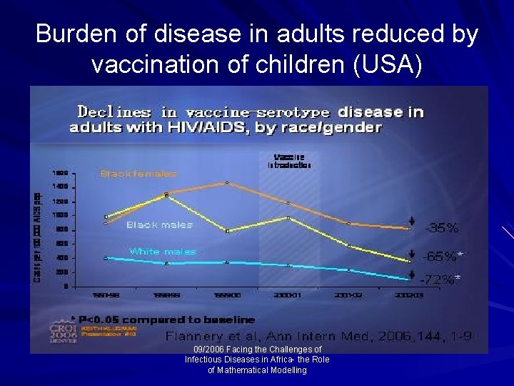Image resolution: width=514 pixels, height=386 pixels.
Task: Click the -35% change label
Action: pos(442,228)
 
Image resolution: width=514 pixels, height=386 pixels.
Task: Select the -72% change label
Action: pos(439,279)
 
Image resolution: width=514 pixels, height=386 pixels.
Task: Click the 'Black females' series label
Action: pos(138,174)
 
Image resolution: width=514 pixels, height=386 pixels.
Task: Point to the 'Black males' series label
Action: pos(159,224)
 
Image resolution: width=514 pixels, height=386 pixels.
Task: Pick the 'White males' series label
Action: pos(162,252)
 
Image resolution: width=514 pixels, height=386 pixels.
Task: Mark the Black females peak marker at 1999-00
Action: pos(226,183)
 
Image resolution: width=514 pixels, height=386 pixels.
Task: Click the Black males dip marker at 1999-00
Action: pos(226,231)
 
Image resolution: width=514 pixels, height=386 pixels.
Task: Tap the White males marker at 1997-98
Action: pos(106,258)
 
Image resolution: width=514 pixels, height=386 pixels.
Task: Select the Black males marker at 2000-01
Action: pos(287,217)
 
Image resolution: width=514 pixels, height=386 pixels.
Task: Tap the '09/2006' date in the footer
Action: pos(203,350)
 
